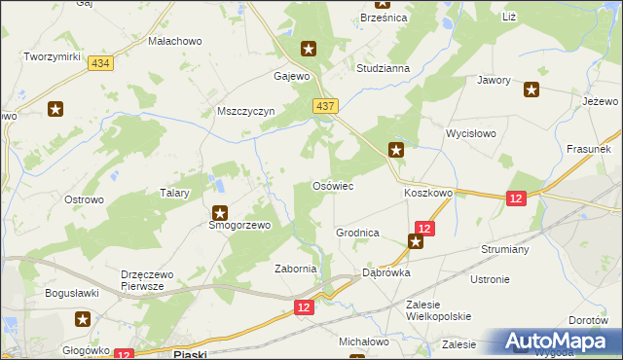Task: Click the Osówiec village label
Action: tap(331, 185)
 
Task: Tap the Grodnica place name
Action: tap(357, 234)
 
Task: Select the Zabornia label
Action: tap(296, 269)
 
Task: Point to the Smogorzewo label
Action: tap(226, 225)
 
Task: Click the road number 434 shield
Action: tap(99, 62)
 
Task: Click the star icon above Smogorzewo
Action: tap(220, 212)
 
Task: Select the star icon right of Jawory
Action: tap(531, 91)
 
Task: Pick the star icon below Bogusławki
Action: tap(83, 318)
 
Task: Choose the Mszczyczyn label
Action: tap(247, 111)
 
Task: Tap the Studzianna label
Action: tap(383, 69)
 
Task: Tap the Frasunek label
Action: tap(587, 149)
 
